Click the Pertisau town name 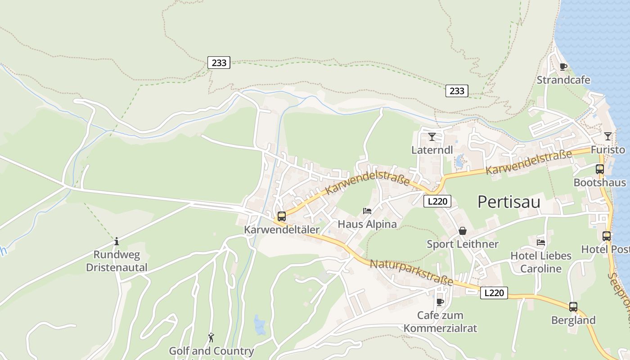pyautogui.click(x=508, y=202)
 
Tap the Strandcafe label pyautogui.click(x=563, y=80)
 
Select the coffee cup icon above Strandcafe pyautogui.click(x=563, y=67)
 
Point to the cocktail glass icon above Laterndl pyautogui.click(x=432, y=136)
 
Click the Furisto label pyautogui.click(x=608, y=149)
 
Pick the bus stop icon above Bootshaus pyautogui.click(x=600, y=169)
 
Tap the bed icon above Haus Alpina pyautogui.click(x=367, y=211)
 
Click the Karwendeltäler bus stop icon pyautogui.click(x=282, y=216)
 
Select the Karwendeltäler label pyautogui.click(x=282, y=229)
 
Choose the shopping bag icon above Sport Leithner pyautogui.click(x=462, y=231)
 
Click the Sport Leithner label pyautogui.click(x=462, y=244)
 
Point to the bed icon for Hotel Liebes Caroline pyautogui.click(x=540, y=243)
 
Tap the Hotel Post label pyautogui.click(x=605, y=249)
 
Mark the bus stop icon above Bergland pyautogui.click(x=573, y=307)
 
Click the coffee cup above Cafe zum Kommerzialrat pyautogui.click(x=440, y=302)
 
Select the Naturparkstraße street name pyautogui.click(x=411, y=273)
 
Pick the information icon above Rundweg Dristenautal pyautogui.click(x=117, y=241)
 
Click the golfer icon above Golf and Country pyautogui.click(x=211, y=337)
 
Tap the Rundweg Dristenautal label pyautogui.click(x=117, y=261)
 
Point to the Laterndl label pyautogui.click(x=432, y=150)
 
